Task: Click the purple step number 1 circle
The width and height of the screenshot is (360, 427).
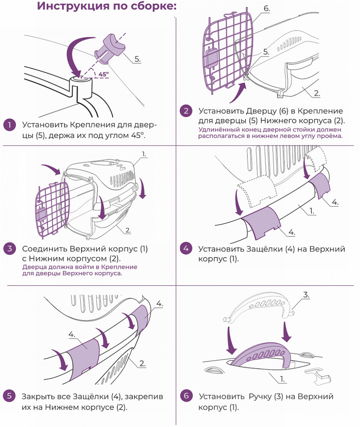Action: pyautogui.click(x=9, y=125)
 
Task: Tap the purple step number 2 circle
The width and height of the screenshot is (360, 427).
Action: pyautogui.click(x=186, y=111)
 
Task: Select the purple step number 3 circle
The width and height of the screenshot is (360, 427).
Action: pyautogui.click(x=9, y=249)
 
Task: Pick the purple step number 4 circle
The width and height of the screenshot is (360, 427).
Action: pyautogui.click(x=186, y=249)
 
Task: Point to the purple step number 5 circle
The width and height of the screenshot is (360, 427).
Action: pyautogui.click(x=9, y=396)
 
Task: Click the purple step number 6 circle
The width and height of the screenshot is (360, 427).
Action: pyautogui.click(x=186, y=396)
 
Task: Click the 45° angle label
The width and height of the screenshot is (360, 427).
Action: pyautogui.click(x=103, y=74)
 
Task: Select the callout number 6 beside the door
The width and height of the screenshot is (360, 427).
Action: pyautogui.click(x=266, y=9)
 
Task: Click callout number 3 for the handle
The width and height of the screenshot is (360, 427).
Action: pyautogui.click(x=306, y=295)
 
